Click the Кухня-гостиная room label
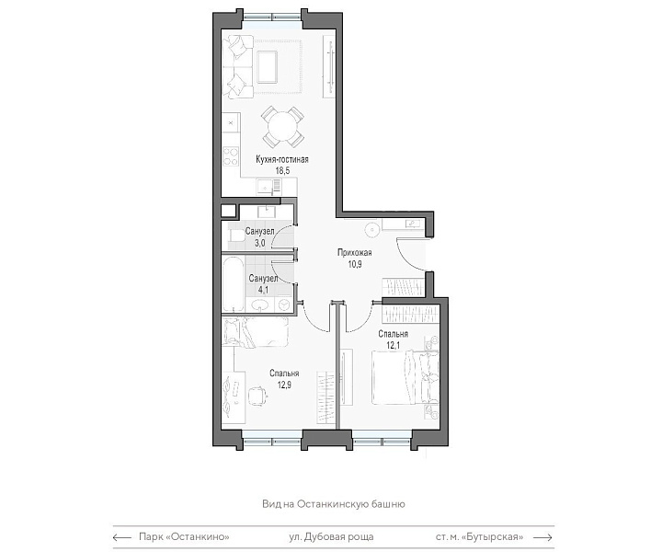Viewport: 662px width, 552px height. [282, 160]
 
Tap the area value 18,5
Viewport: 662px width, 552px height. [282, 171]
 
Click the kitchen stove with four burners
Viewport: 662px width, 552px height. [231, 155]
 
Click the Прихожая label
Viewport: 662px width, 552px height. [355, 253]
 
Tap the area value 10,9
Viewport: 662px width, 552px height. [355, 264]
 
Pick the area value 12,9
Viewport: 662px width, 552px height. [284, 385]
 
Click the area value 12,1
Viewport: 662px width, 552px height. [394, 346]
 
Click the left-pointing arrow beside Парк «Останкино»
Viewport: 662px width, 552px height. [122, 537]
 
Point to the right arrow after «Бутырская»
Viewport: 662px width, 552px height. [542, 537]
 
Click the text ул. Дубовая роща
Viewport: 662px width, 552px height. [331, 537]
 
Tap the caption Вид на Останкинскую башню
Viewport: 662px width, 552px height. [334, 504]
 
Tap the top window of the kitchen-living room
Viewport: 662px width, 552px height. [272, 17]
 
